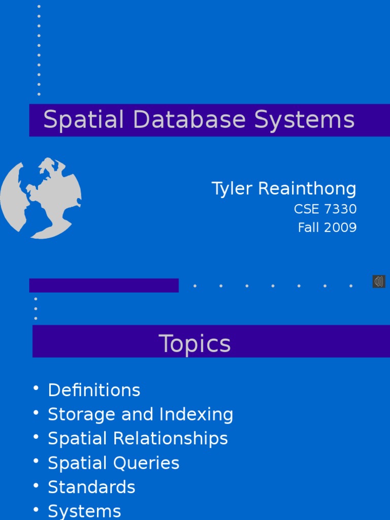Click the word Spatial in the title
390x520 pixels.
tap(84, 120)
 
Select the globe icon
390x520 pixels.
tap(41, 198)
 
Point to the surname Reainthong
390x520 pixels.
tap(307, 189)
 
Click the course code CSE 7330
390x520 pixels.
tap(325, 209)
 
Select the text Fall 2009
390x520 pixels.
tap(327, 228)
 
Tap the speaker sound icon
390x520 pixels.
tap(379, 281)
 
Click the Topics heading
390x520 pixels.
tap(195, 344)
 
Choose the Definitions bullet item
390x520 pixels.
tap(94, 391)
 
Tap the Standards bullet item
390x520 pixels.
tap(91, 487)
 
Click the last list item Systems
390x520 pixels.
tap(84, 511)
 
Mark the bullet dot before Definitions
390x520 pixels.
tap(36, 388)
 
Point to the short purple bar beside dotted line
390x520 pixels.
tap(104, 285)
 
